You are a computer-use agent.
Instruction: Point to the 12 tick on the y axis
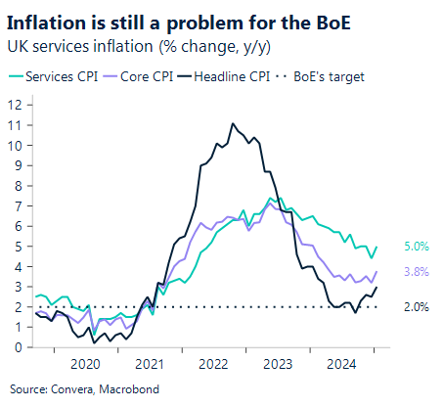(15, 104)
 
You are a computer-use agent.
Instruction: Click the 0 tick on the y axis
(18, 346)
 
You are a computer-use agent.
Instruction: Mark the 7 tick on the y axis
(18, 205)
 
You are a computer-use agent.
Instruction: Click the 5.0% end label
(418, 248)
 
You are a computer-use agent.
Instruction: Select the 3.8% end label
(418, 272)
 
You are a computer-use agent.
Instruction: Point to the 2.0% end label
(418, 307)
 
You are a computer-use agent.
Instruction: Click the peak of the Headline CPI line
(232, 123)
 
